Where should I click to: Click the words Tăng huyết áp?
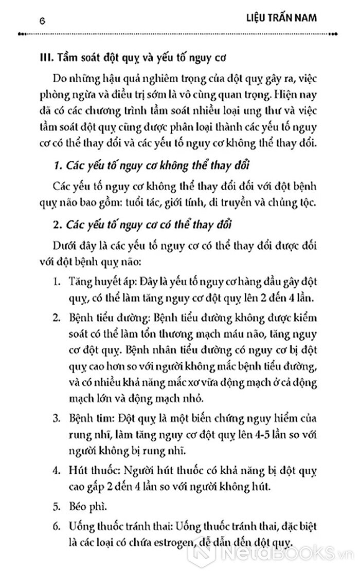click(x=93, y=282)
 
